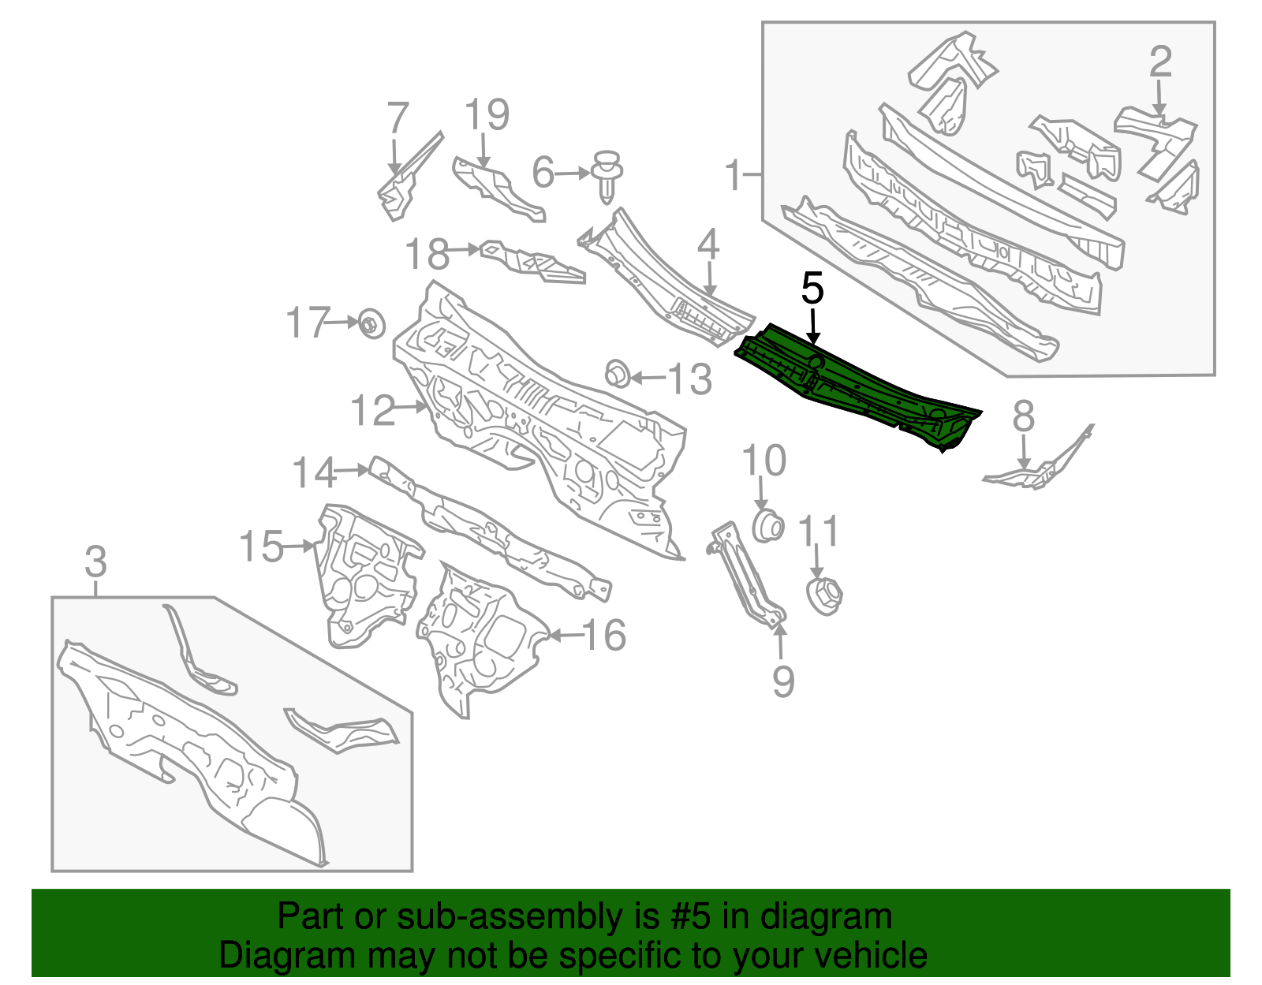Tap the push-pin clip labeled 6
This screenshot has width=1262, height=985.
[607, 176]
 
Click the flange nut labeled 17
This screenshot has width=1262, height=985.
[372, 323]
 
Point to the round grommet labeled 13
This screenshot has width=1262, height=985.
[617, 373]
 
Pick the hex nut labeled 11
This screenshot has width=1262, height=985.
[824, 595]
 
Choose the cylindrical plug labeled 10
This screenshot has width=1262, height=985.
[767, 525]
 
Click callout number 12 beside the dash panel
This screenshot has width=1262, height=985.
[373, 410]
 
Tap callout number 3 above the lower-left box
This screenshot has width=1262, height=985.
[95, 562]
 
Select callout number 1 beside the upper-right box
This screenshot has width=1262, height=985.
[734, 174]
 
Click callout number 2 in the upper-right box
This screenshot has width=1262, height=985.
[1160, 62]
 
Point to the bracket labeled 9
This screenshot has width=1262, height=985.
[747, 574]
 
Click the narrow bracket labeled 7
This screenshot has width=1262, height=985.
[410, 175]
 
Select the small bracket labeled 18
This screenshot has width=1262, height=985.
[532, 263]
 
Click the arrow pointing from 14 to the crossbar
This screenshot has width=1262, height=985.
[353, 470]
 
